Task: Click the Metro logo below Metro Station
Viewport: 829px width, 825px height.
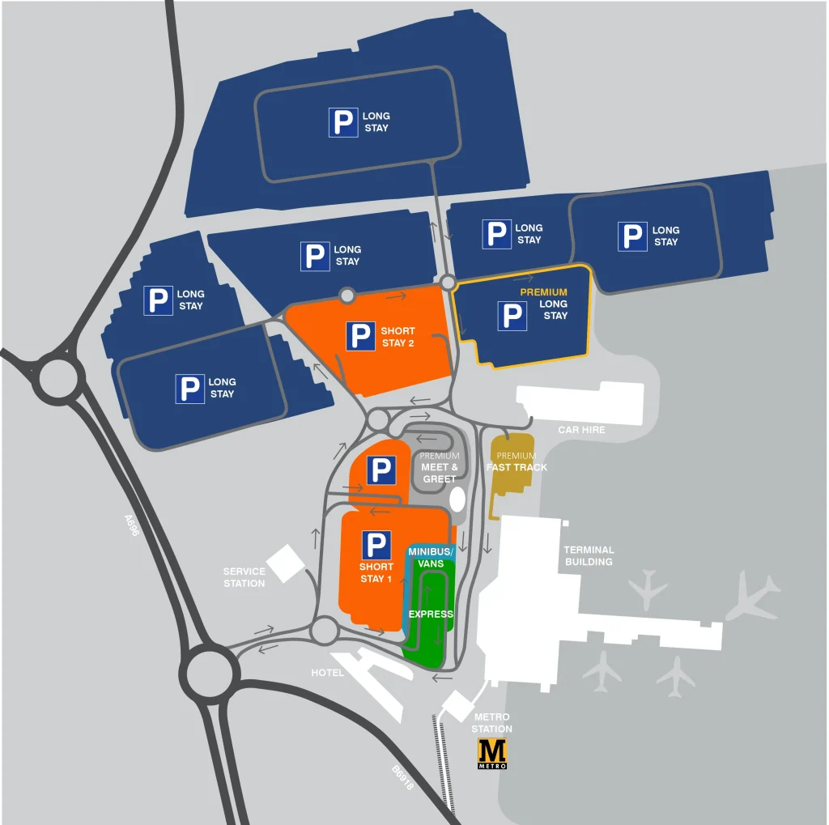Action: pos(492,753)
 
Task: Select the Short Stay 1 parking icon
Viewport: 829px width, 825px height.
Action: pos(376,545)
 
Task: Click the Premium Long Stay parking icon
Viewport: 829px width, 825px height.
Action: pos(512,315)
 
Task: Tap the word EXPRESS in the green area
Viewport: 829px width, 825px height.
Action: pos(431,614)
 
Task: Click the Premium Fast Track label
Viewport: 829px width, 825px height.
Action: pos(517,461)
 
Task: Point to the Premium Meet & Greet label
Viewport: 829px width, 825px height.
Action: pos(440,468)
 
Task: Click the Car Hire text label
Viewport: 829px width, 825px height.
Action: pos(581,429)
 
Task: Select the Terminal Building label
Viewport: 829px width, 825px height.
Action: pos(589,555)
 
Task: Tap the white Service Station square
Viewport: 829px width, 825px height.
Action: pos(286,563)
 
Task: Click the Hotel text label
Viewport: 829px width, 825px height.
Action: pos(328,673)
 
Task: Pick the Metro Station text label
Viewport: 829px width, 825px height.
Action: pos(492,723)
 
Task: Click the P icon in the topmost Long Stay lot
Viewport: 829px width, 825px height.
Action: pos(343,122)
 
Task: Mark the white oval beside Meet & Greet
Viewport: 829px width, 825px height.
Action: pos(457,498)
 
